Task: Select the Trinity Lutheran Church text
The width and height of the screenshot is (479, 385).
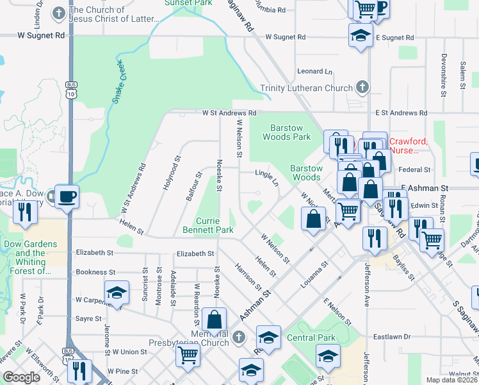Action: point(306,88)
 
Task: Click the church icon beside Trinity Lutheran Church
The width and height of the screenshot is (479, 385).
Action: point(362,87)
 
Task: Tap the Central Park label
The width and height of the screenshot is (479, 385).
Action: point(311,338)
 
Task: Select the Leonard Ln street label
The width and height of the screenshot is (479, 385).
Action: point(314,71)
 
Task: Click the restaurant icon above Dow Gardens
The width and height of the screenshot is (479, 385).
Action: point(25,212)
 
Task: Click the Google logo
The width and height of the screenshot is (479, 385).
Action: point(21,377)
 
